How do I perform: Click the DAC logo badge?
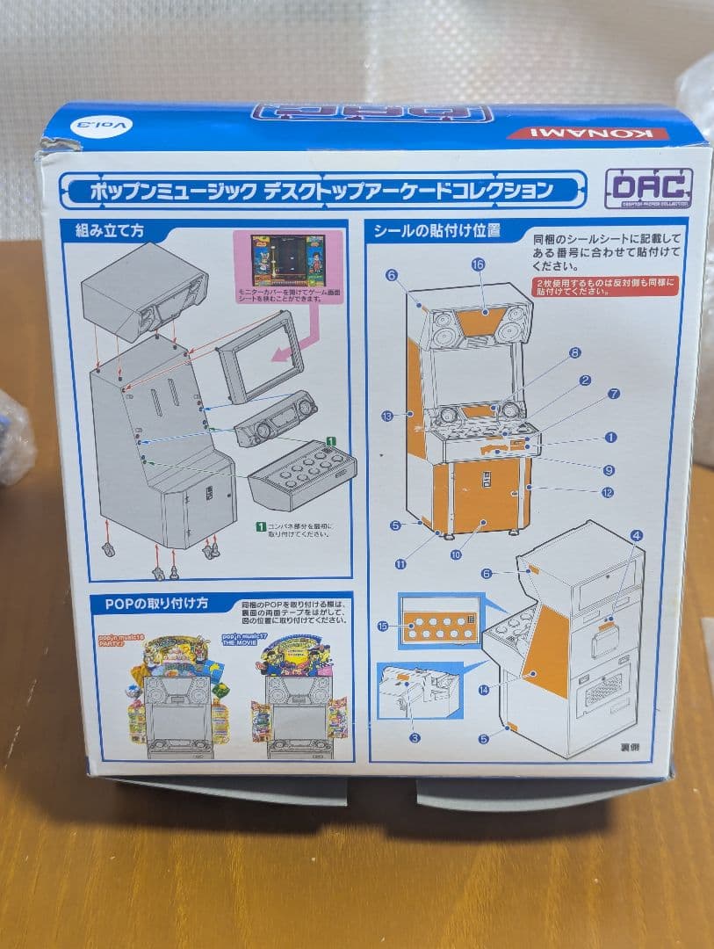pyautogui.click(x=648, y=188)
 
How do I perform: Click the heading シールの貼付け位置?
pyautogui.click(x=436, y=231)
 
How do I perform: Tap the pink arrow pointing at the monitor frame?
pyautogui.click(x=285, y=351)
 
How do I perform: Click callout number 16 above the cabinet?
pyautogui.click(x=478, y=264)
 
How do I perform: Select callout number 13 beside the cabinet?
pyautogui.click(x=387, y=416)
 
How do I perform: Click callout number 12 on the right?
pyautogui.click(x=607, y=492)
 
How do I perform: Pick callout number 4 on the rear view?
pyautogui.click(x=636, y=534)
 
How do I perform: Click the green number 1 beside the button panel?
pyautogui.click(x=329, y=439)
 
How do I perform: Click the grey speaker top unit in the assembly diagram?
pyautogui.click(x=143, y=291)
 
